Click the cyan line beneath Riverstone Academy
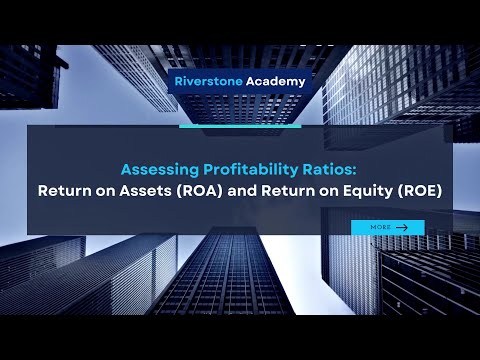240,126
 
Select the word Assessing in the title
158,168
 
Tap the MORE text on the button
380,227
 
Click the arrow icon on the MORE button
402,227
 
